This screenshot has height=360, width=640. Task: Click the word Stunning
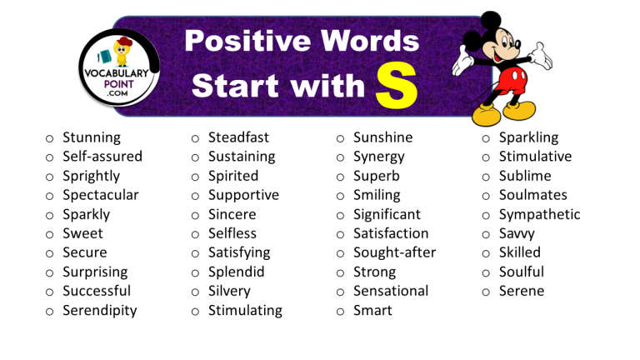coord(92,137)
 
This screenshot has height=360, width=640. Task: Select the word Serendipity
coord(99,311)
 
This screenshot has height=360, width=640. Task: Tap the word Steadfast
coord(238,137)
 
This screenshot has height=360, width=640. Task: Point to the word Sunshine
coord(382,137)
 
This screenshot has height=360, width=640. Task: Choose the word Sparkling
coord(528,137)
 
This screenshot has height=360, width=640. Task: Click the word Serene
coord(521,292)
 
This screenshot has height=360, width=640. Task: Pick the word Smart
coord(372,311)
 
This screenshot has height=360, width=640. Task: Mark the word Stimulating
coord(245,311)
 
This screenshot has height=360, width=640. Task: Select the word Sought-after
coord(394,252)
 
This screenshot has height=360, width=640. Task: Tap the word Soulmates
coord(532,195)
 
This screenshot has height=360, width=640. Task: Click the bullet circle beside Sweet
coord(50,234)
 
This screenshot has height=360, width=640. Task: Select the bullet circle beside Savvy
coord(487,234)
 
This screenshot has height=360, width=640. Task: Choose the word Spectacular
coord(100,195)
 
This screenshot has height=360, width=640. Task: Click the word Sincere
coord(232,214)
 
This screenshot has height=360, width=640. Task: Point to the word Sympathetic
coord(539,214)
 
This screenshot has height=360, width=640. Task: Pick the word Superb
coord(376,176)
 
